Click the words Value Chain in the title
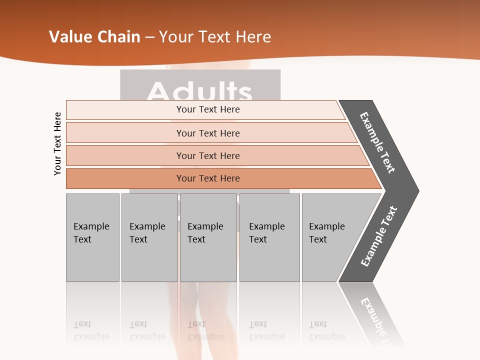click(94, 37)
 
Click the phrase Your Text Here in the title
click(215, 37)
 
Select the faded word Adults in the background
click(200, 91)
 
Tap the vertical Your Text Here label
click(57, 143)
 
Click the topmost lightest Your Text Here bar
click(207, 109)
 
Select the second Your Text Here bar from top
click(207, 133)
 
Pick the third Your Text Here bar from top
click(207, 155)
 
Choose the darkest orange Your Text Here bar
click(207, 178)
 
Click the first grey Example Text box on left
click(92, 237)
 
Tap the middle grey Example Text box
click(208, 237)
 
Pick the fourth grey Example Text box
click(269, 237)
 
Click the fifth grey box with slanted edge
click(330, 237)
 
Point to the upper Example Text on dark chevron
click(378, 143)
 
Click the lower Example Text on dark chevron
click(378, 236)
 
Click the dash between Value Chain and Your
click(149, 37)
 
